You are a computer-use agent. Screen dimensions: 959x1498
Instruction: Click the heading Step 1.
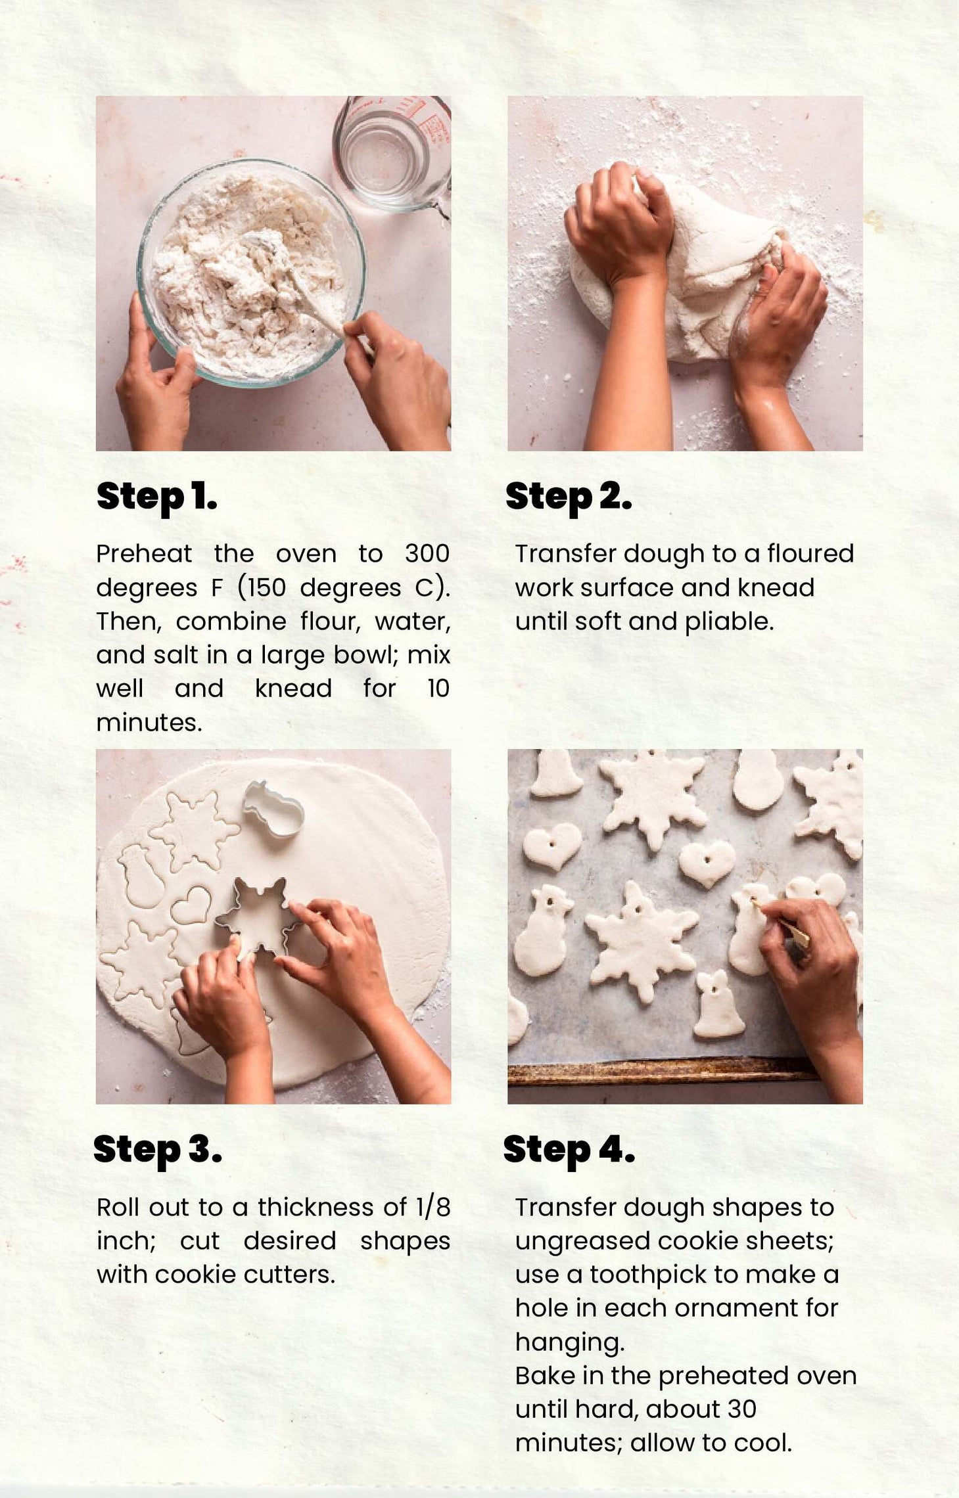point(156,497)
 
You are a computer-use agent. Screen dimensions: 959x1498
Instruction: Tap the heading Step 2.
point(569,497)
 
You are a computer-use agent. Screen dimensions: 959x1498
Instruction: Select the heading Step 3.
point(158,1150)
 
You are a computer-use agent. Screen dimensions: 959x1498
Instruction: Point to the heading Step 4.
point(569,1150)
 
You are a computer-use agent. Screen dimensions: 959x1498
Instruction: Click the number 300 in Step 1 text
point(427,553)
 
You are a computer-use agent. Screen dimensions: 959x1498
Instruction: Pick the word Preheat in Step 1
point(144,553)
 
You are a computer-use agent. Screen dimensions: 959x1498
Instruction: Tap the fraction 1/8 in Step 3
point(433,1207)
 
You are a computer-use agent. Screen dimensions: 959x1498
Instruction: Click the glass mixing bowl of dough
point(250,273)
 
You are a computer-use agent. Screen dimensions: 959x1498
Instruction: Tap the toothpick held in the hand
point(782,923)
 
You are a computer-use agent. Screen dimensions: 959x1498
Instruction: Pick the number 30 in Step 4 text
point(742,1410)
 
